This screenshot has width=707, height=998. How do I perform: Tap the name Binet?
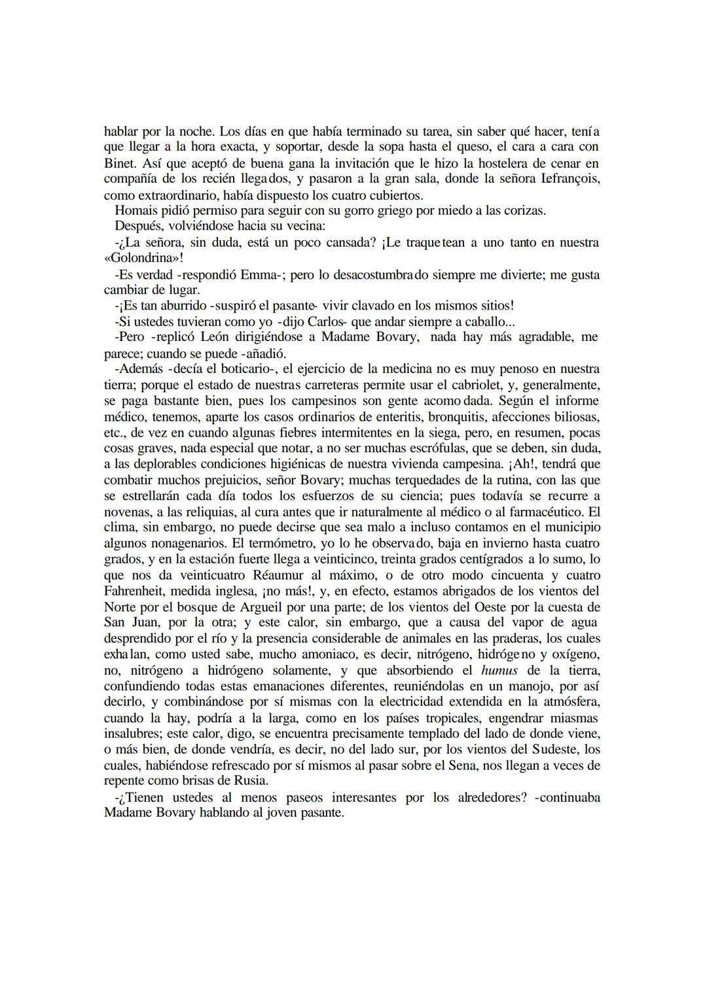click(x=118, y=164)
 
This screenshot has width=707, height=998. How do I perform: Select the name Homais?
click(x=134, y=211)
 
